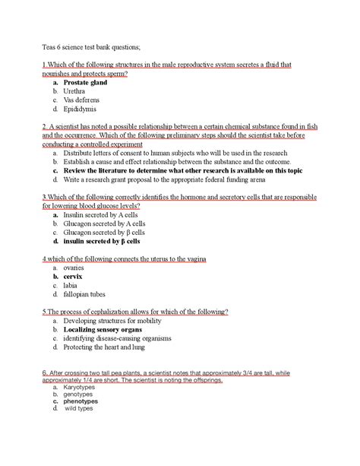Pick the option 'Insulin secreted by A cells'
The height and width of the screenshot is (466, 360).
point(105,215)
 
